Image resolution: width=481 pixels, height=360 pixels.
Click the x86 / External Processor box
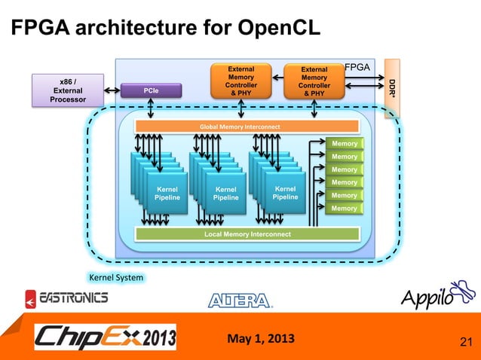click(67, 90)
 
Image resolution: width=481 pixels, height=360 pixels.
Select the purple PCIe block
click(152, 90)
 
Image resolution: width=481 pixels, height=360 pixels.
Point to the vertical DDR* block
click(392, 87)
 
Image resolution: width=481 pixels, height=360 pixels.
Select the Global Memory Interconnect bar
click(238, 127)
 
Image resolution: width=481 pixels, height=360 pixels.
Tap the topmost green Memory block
click(345, 143)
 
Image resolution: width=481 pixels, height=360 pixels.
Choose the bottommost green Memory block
click(345, 208)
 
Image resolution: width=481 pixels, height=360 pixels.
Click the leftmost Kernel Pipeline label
click(167, 193)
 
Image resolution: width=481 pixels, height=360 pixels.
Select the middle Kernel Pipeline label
click(225, 193)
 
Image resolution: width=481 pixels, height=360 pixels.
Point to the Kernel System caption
click(116, 278)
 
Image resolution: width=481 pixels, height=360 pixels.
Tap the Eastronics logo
click(66, 298)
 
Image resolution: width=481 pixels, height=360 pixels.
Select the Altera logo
click(240, 300)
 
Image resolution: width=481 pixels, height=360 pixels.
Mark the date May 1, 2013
click(261, 336)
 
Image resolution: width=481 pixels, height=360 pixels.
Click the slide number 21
click(465, 344)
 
